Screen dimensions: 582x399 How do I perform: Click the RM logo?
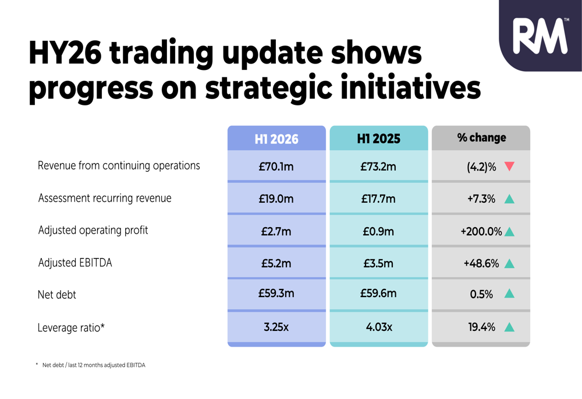541,36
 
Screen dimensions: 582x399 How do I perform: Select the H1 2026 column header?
276,139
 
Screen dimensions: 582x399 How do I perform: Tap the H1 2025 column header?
379,139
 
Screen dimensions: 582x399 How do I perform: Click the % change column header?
481,138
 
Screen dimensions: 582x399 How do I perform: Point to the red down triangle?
510,166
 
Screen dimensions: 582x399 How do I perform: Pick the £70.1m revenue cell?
276,167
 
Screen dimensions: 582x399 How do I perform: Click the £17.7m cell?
379,199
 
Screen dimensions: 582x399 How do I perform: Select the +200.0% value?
481,231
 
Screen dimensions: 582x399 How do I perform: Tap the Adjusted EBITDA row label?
75,263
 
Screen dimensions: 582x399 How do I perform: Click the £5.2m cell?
276,263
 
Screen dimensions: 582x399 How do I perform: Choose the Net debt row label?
57,295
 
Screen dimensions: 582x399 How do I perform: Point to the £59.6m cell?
379,293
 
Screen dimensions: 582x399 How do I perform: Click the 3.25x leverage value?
276,327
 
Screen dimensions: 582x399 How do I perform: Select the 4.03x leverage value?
379,327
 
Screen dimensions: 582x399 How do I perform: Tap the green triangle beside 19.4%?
510,327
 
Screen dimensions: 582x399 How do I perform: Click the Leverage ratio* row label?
71,328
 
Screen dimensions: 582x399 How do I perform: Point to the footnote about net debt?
91,365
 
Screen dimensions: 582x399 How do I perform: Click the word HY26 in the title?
65,53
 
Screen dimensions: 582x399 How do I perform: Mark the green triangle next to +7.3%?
510,199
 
